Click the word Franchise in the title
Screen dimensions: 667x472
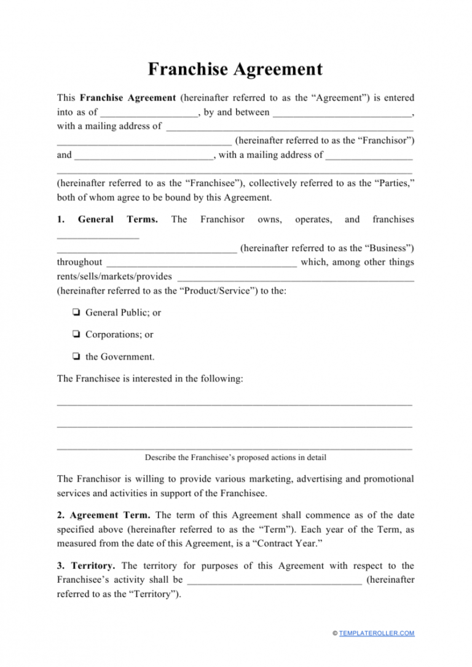[188, 69]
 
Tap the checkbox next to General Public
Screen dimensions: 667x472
[76, 313]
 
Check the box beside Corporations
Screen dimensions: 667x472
[76, 335]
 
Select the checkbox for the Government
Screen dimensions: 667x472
[76, 357]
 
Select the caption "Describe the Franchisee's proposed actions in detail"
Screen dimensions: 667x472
[235, 458]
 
